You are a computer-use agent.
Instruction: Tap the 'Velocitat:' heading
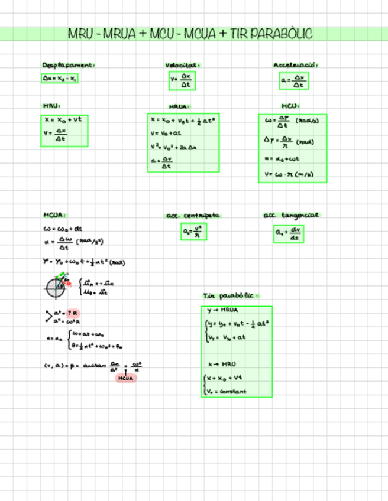tap(183, 65)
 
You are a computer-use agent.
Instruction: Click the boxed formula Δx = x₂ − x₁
tap(59, 78)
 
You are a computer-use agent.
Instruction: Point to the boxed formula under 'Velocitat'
tap(182, 80)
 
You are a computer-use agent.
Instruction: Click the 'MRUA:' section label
tap(179, 107)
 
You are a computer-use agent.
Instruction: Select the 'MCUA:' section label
tap(54, 215)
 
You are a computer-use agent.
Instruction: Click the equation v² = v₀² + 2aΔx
tap(177, 147)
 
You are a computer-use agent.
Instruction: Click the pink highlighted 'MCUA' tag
tap(125, 378)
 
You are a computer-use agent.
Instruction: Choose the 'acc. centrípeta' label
tap(193, 216)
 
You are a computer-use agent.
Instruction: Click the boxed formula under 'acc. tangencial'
tap(289, 235)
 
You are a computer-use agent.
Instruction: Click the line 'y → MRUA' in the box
tap(222, 310)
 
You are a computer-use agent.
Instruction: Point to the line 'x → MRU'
tap(222, 365)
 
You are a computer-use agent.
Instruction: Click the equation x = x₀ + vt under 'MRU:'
tap(63, 119)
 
